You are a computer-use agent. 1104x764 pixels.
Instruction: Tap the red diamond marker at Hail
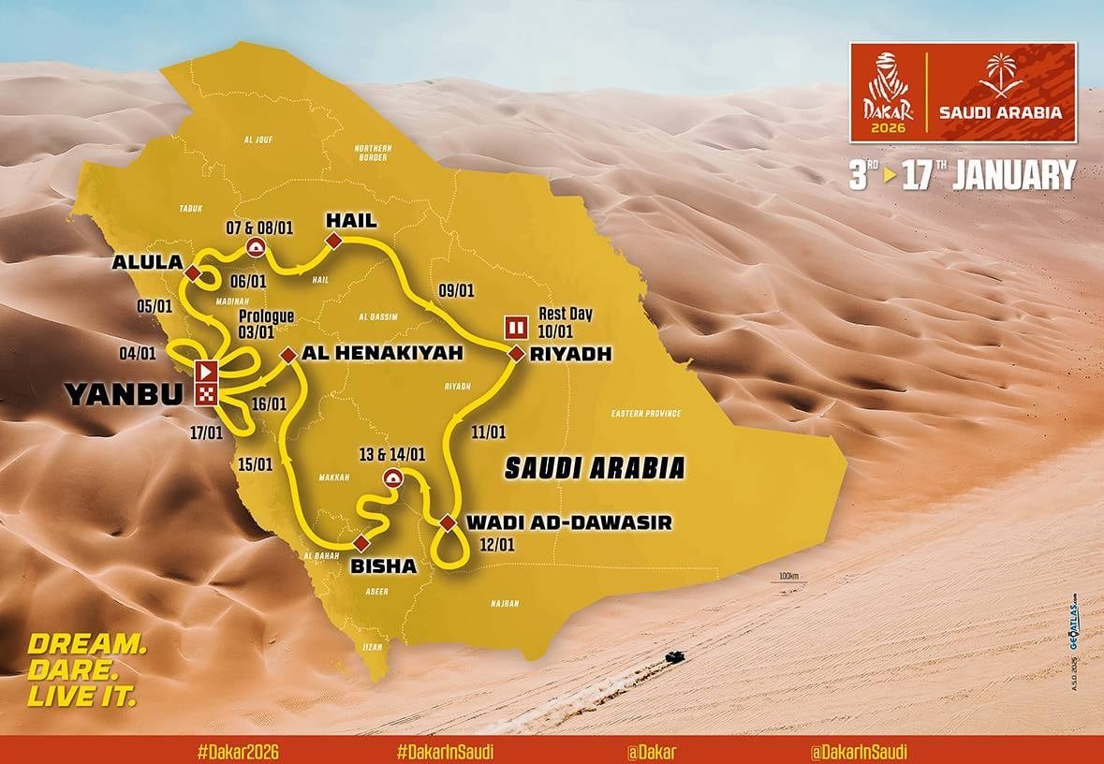point(331,243)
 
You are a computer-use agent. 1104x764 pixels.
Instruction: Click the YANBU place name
point(124,395)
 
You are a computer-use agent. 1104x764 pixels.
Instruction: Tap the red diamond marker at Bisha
point(361,543)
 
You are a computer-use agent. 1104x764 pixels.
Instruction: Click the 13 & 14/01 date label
point(391,455)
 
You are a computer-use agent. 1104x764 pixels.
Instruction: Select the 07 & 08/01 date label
point(255,227)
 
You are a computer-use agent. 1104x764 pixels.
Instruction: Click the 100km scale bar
point(788,580)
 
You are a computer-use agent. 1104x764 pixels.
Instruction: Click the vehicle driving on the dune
point(671,657)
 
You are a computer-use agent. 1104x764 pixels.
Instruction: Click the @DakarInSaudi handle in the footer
point(859,751)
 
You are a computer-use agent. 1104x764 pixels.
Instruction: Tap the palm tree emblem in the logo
point(1000,77)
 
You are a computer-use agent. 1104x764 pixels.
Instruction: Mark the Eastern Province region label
point(645,413)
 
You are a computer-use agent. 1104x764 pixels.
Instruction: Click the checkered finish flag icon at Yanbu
point(205,393)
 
